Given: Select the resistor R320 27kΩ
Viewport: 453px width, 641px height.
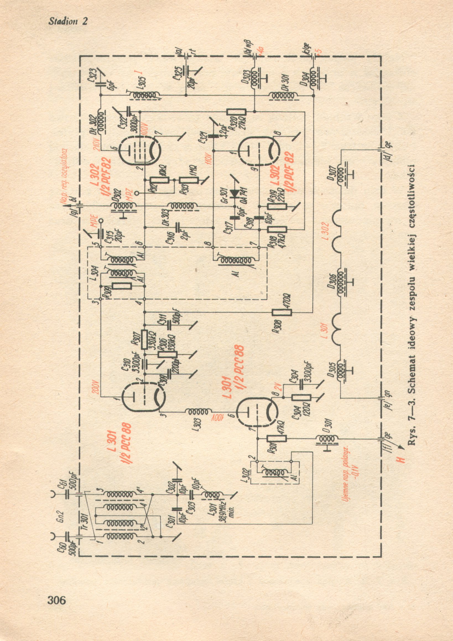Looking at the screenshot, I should (x=236, y=112).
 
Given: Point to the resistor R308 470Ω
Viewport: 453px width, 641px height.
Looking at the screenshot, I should (x=282, y=312).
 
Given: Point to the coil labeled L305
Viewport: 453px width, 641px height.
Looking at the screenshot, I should (x=144, y=95).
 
